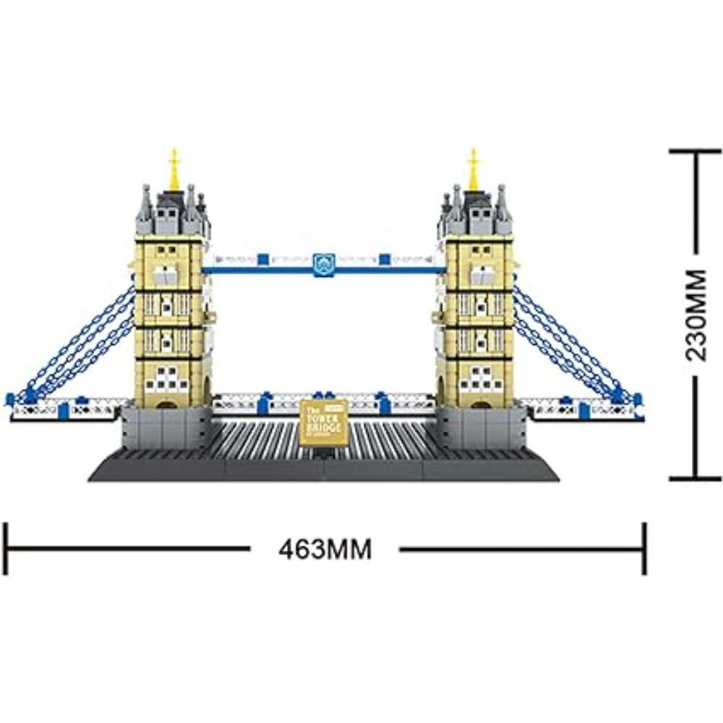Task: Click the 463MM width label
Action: point(325,550)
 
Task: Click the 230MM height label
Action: point(696,315)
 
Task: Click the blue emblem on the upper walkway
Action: point(323,264)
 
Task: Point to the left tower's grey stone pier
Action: point(166,426)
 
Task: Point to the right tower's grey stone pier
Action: point(481,426)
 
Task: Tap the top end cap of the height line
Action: point(696,151)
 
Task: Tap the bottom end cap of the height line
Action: point(696,478)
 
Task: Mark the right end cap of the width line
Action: point(644,549)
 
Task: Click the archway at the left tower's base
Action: point(167,402)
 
